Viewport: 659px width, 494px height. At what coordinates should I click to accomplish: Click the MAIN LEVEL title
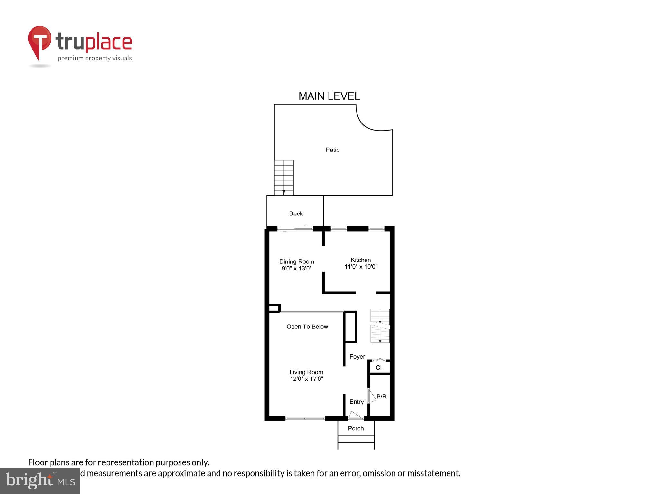(x=329, y=96)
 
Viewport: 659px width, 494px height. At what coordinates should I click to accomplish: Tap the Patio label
(x=332, y=150)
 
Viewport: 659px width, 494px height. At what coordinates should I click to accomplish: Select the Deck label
(x=296, y=214)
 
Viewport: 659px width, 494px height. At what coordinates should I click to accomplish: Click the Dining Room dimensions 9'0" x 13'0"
(x=296, y=269)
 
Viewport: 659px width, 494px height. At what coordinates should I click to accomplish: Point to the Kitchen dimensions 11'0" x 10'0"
(x=361, y=267)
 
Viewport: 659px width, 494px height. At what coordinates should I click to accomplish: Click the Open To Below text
(x=307, y=327)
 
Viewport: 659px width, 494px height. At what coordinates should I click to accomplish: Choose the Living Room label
(x=306, y=372)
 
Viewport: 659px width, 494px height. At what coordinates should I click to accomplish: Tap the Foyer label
(x=357, y=357)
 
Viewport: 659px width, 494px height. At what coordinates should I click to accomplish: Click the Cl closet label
(x=378, y=368)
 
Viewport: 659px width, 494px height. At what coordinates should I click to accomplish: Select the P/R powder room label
(x=382, y=397)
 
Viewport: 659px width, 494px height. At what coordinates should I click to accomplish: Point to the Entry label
(x=357, y=402)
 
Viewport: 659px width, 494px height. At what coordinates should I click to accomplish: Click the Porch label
(x=356, y=428)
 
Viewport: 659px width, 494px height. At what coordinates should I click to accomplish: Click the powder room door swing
(x=372, y=396)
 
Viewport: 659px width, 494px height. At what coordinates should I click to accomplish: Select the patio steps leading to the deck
(x=283, y=178)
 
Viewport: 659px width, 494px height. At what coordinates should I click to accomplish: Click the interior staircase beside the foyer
(x=380, y=325)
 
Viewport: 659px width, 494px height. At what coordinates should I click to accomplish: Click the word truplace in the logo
(x=94, y=42)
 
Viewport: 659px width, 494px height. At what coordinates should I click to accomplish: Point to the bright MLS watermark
(x=40, y=480)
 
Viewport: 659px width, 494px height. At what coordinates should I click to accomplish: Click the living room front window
(x=305, y=418)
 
